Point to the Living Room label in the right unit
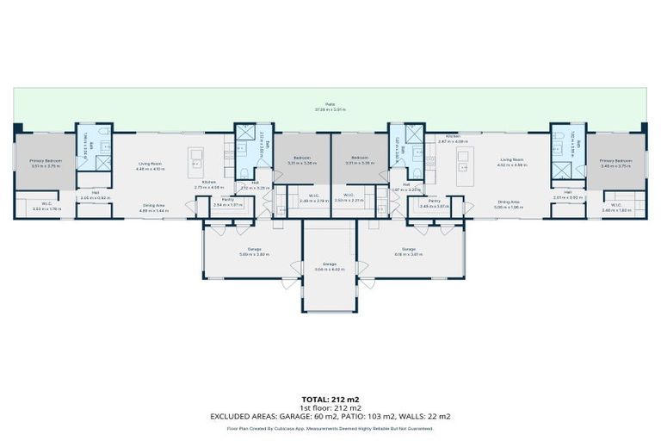(x=513, y=161)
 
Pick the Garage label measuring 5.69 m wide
(x=244, y=252)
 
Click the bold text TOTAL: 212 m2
(x=330, y=400)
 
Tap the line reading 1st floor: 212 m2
(x=330, y=408)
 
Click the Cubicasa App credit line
(x=330, y=427)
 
